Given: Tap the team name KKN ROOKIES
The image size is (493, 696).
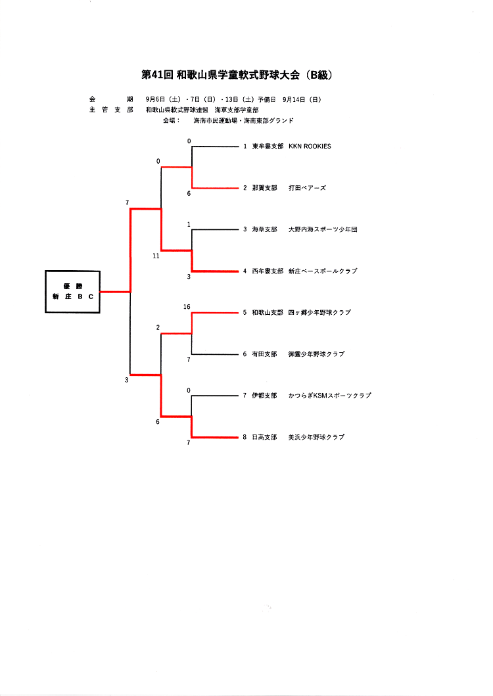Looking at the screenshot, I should click(x=310, y=147).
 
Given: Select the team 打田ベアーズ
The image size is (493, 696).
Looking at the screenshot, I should click(x=307, y=188).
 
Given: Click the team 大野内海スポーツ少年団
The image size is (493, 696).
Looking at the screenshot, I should click(x=323, y=229).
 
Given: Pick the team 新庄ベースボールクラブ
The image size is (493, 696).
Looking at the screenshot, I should click(x=323, y=271).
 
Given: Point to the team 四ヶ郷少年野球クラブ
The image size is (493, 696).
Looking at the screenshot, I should click(x=319, y=312).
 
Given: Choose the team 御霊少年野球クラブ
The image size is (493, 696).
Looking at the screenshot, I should click(x=316, y=354).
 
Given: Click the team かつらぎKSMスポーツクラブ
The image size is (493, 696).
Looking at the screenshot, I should click(x=329, y=396).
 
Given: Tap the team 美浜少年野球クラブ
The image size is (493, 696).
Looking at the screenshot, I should click(x=316, y=437).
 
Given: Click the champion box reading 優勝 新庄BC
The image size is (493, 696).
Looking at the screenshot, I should click(x=72, y=291).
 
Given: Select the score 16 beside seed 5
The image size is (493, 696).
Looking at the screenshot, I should click(x=187, y=307).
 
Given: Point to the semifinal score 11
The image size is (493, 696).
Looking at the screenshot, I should click(x=156, y=256).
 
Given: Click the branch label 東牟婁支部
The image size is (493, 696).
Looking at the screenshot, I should click(x=268, y=147).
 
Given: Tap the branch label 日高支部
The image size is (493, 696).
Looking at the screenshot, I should click(x=264, y=437).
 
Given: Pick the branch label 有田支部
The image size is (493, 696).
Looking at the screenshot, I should click(x=264, y=354).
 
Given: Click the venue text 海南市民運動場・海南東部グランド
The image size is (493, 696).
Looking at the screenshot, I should click(x=243, y=121).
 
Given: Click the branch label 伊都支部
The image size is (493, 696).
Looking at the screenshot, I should click(x=264, y=396).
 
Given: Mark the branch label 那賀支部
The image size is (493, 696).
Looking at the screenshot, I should click(x=264, y=188).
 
